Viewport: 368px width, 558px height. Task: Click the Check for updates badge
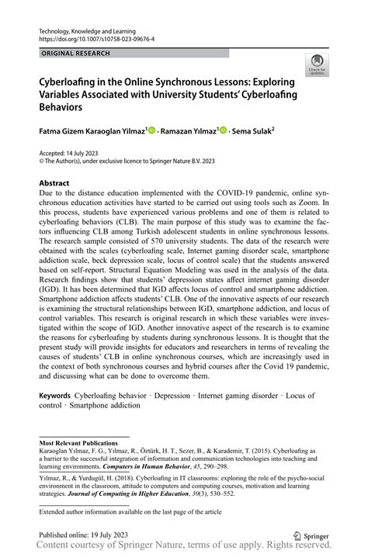(316, 65)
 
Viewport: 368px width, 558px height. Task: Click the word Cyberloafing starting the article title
(69, 81)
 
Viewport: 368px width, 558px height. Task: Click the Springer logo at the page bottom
(311, 534)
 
